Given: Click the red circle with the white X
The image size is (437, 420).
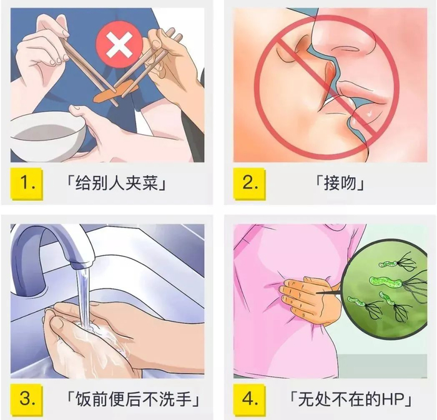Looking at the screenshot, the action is (x=119, y=46).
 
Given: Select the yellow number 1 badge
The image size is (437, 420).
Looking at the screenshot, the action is (x=27, y=183).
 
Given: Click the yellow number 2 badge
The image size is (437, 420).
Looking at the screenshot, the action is (x=249, y=183).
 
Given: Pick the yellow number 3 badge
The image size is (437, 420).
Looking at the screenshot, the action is (x=27, y=399).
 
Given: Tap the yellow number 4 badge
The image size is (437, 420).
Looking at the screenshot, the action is (x=249, y=399).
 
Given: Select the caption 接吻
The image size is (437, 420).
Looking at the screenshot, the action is (x=340, y=183).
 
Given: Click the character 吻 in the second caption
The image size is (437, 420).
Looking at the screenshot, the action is (x=348, y=183).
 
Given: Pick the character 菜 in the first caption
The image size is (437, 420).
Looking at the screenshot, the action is (x=150, y=183).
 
